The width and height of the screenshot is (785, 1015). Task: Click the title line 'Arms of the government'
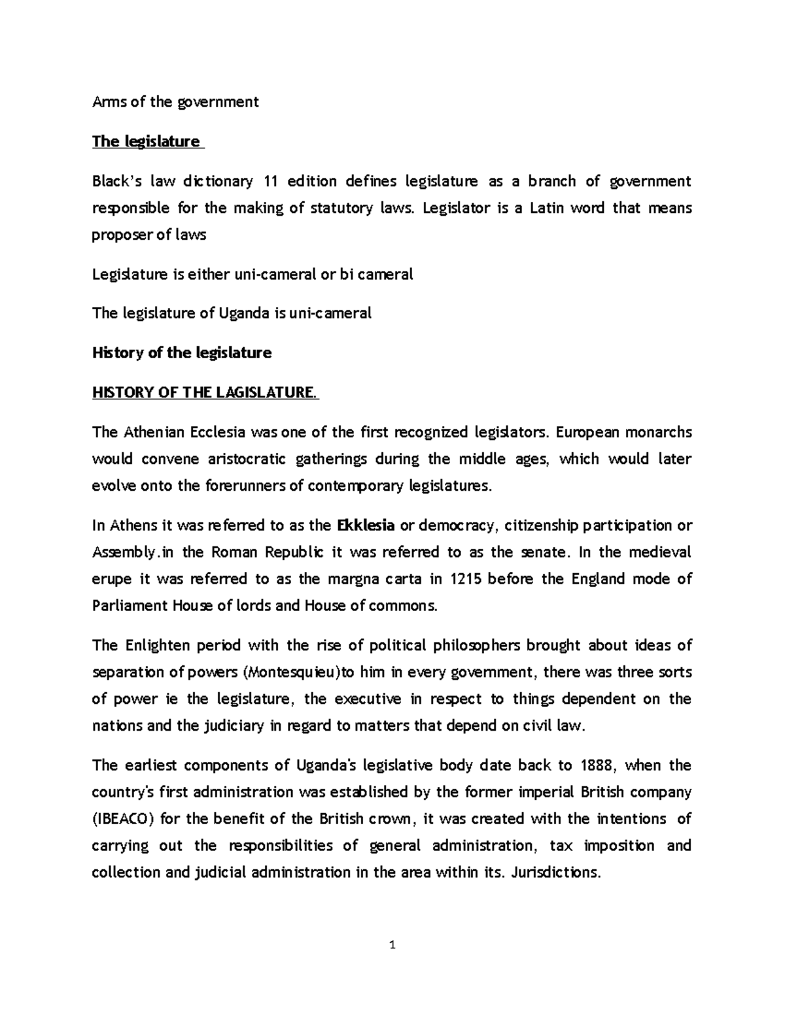pyautogui.click(x=175, y=101)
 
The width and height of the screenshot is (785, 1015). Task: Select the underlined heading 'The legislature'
pyautogui.click(x=146, y=141)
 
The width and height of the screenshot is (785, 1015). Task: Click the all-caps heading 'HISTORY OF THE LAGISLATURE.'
pyautogui.click(x=204, y=392)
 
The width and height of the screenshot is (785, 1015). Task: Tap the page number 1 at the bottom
pyautogui.click(x=392, y=944)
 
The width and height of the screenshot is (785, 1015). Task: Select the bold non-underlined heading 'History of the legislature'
pyautogui.click(x=182, y=353)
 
